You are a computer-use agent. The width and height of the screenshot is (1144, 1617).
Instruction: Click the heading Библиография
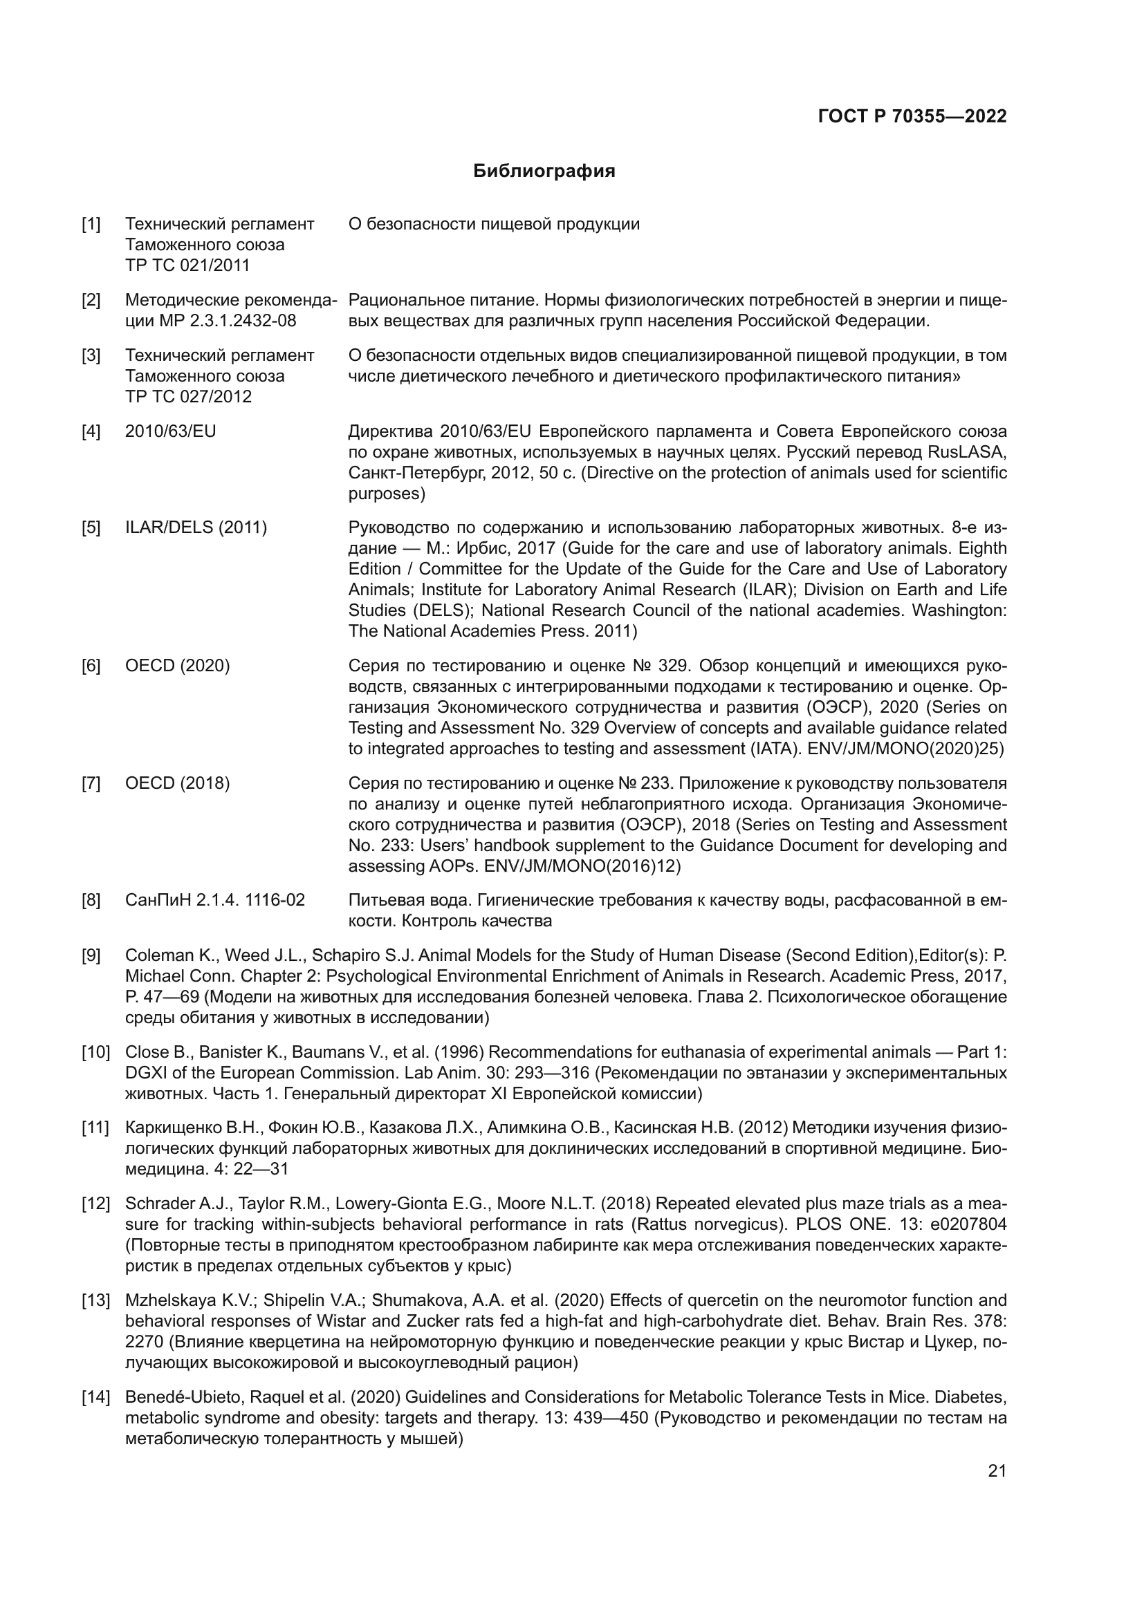click(x=544, y=171)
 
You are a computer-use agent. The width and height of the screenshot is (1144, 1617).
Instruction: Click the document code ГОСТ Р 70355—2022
click(x=912, y=117)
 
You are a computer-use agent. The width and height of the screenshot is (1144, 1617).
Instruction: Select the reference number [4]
click(x=91, y=431)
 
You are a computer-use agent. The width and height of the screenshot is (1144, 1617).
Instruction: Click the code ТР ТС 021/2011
click(x=187, y=265)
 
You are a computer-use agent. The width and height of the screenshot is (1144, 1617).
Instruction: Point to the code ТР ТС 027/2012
click(x=188, y=397)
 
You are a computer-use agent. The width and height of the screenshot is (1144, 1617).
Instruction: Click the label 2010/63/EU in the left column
click(x=170, y=431)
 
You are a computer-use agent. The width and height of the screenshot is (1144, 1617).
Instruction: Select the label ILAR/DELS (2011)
click(x=196, y=527)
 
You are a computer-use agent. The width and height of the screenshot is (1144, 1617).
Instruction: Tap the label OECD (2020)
click(x=178, y=666)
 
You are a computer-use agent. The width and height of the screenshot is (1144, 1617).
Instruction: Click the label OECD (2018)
click(x=178, y=783)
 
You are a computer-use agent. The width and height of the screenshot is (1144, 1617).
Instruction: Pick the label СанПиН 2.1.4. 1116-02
click(x=215, y=900)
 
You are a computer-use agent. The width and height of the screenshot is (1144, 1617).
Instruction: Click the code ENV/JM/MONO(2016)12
click(x=582, y=866)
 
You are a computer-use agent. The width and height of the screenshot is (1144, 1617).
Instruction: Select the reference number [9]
click(x=91, y=955)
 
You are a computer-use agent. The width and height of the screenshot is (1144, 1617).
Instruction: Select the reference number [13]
click(x=94, y=1301)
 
